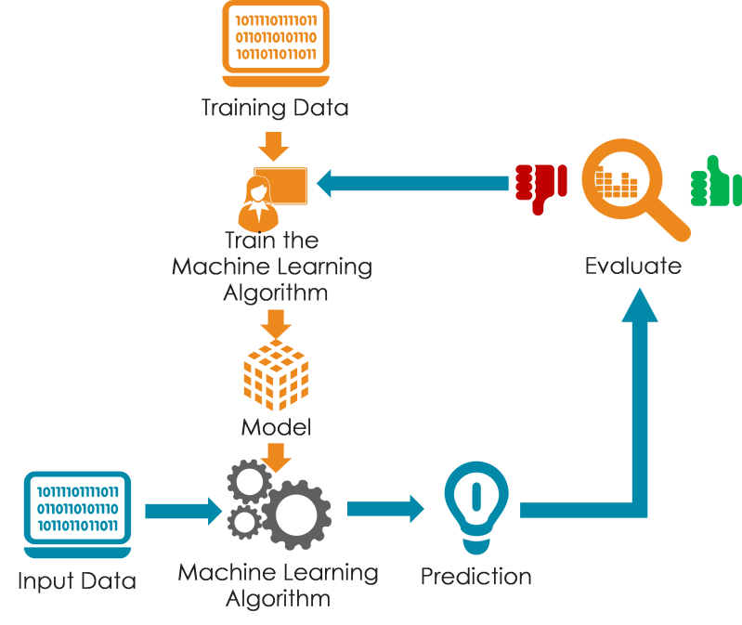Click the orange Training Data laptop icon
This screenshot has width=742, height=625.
click(x=276, y=44)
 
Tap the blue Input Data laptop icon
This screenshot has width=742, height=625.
click(x=78, y=514)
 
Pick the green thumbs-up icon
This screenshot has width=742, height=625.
click(x=716, y=182)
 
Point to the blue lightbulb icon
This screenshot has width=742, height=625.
click(x=476, y=507)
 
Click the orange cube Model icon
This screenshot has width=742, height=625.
click(x=276, y=374)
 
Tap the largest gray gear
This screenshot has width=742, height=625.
click(x=296, y=514)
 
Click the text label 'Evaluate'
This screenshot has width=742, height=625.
click(x=633, y=266)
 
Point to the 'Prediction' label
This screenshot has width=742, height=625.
click(x=476, y=577)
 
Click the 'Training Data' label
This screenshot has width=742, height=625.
click(x=275, y=108)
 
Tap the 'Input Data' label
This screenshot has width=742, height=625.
click(x=77, y=581)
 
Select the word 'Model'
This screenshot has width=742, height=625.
click(x=277, y=427)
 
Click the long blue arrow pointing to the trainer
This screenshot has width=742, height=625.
click(x=412, y=183)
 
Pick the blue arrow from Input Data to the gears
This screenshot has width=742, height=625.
click(x=184, y=511)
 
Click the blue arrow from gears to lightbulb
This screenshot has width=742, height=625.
click(x=385, y=509)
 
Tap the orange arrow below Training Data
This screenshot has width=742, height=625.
click(x=274, y=147)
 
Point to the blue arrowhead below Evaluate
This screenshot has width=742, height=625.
click(x=640, y=306)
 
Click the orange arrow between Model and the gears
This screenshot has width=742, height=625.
click(x=276, y=458)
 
